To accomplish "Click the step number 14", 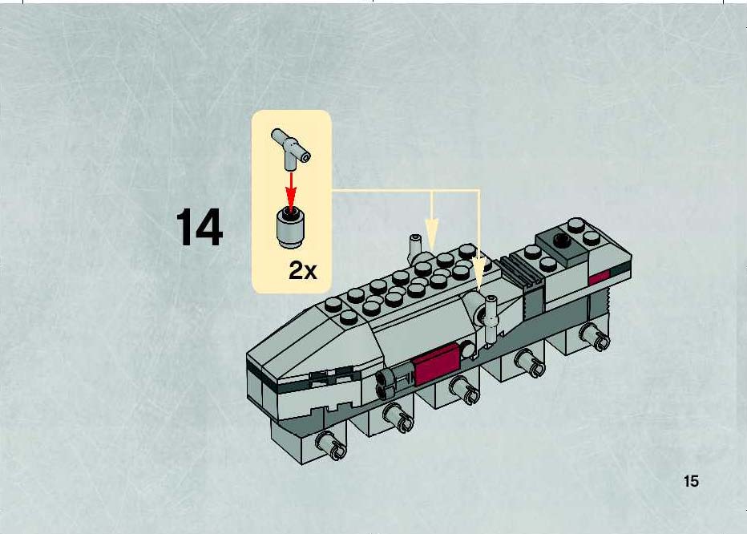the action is [200, 227].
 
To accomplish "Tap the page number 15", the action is [691, 481].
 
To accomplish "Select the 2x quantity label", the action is [302, 271].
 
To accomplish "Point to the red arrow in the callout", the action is [291, 190].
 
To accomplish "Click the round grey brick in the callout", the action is [291, 229].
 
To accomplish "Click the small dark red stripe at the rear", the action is [600, 277].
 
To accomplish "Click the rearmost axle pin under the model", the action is [594, 336].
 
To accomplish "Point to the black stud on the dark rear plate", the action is [562, 240].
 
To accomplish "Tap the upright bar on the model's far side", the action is [414, 248].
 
